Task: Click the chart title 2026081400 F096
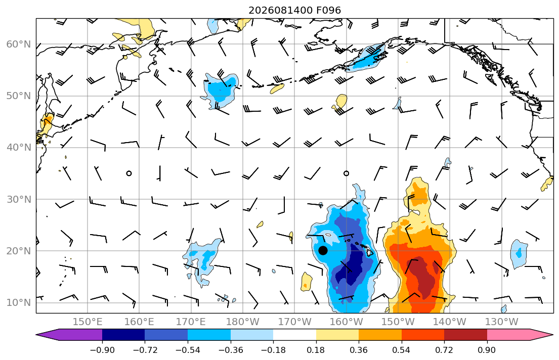tap(294, 10)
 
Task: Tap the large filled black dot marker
tap(323, 251)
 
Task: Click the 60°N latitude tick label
tap(19, 44)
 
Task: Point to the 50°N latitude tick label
tap(19, 96)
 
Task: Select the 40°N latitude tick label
tap(19, 147)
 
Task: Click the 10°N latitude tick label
tap(19, 302)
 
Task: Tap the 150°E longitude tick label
tap(88, 322)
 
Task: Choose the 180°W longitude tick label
tap(243, 322)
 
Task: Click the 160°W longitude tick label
tap(346, 322)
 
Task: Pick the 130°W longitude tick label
tap(502, 322)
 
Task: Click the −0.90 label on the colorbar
tap(102, 350)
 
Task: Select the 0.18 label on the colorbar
tap(316, 350)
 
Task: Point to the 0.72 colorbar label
tap(444, 350)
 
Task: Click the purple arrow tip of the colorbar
tap(37, 335)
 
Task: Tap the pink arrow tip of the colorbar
tap(552, 335)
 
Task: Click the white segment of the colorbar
tap(294, 335)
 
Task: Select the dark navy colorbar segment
tap(123, 335)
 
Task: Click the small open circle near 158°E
tap(129, 173)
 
